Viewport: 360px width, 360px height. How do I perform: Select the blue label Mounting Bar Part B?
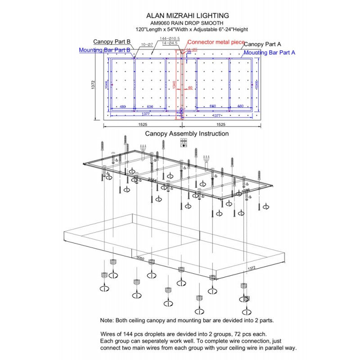click(105, 50)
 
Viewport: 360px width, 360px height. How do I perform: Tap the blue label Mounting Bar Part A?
click(269, 52)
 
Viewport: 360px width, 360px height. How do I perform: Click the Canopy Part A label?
click(263, 44)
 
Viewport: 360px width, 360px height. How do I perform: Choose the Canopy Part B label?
click(112, 42)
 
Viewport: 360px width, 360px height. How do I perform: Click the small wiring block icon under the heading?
click(184, 143)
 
